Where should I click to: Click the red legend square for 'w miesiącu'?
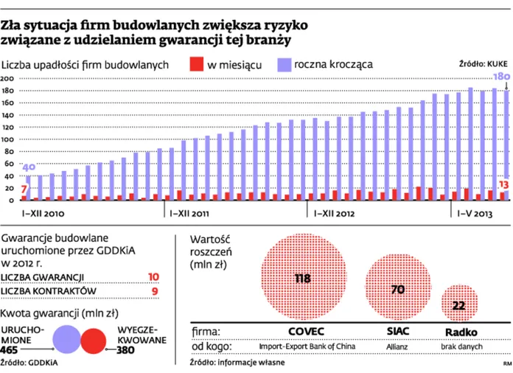[195, 64]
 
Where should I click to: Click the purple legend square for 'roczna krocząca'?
[282, 64]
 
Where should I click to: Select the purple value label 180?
[501, 77]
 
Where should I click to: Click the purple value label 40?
[29, 167]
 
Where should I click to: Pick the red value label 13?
[503, 184]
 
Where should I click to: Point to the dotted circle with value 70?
[397, 289]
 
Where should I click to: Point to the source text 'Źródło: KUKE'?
[480, 65]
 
